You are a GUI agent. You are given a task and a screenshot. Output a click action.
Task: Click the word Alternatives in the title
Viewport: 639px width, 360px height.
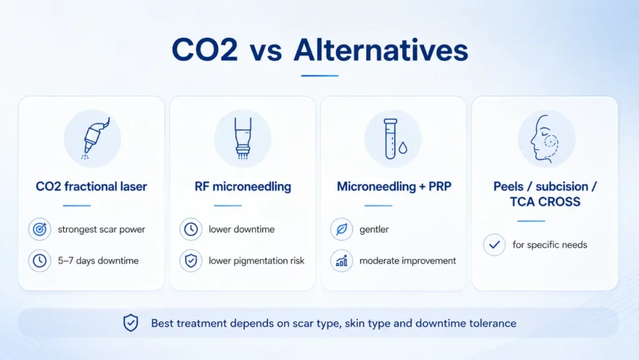[x=381, y=50]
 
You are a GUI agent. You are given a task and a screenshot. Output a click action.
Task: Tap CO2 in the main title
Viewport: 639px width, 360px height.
[x=205, y=50]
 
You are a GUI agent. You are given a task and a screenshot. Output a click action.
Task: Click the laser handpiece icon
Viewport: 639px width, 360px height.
[x=95, y=138]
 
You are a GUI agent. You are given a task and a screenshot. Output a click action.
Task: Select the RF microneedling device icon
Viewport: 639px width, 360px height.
[x=243, y=138]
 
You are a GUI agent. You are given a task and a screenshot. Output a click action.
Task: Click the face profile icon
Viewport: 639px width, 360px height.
[x=544, y=138]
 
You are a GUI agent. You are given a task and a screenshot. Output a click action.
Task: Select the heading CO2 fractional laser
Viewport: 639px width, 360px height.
[x=91, y=187]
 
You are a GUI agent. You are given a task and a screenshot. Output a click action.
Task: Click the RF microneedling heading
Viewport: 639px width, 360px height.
[x=243, y=187]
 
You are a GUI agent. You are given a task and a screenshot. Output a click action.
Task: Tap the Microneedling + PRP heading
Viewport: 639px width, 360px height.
[x=394, y=187]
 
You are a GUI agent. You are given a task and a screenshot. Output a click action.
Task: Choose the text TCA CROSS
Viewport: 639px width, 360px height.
[x=545, y=202]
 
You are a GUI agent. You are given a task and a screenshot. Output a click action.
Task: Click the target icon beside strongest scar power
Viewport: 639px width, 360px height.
[x=39, y=229]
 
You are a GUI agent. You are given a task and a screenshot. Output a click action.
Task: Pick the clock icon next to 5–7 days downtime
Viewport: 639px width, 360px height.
[x=39, y=261]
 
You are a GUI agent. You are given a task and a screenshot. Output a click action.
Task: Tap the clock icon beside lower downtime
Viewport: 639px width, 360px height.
[x=191, y=229]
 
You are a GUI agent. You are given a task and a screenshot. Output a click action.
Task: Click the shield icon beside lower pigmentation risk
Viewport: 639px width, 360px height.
[x=191, y=261]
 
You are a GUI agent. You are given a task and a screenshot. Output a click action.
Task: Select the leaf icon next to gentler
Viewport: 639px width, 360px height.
[x=341, y=229]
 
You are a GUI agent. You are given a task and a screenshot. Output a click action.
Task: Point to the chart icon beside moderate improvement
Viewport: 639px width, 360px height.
[x=341, y=261]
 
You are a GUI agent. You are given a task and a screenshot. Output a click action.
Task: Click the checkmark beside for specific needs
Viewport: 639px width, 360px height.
[x=494, y=245]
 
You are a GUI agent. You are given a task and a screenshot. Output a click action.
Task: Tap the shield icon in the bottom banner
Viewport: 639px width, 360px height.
[x=131, y=323]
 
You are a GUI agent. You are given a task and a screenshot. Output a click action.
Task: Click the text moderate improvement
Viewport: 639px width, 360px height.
[x=407, y=261]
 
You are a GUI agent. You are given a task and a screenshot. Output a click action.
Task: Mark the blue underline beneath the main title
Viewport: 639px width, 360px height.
[x=320, y=75]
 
